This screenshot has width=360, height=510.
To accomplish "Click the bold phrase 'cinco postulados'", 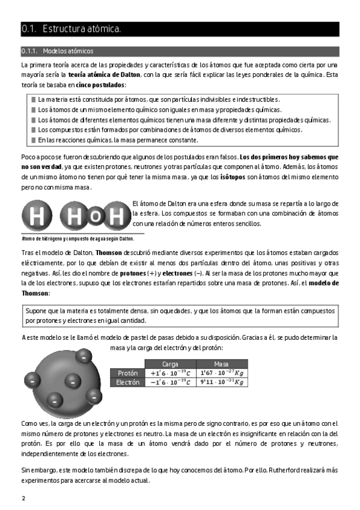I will (x=100, y=85).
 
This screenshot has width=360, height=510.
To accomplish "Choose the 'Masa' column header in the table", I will (x=221, y=364).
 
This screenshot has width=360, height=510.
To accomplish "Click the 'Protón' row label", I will (x=127, y=373).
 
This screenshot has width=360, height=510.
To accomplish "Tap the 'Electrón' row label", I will (x=127, y=382).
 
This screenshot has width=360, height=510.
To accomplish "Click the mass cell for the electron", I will (x=222, y=382).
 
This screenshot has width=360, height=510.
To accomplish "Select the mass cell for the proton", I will (x=222, y=373).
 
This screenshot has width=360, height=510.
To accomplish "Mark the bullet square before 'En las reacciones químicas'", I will (x=34, y=140).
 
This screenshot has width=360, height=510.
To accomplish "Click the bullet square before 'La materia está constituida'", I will (x=34, y=99).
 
